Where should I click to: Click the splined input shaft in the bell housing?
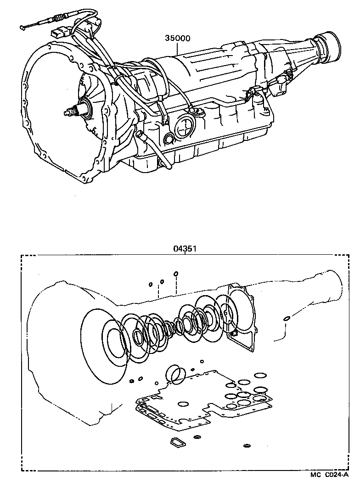(x=73, y=111)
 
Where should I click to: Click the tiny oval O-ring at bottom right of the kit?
(x=247, y=446)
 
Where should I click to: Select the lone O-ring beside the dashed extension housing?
(x=286, y=319)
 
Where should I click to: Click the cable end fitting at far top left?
(x=23, y=28)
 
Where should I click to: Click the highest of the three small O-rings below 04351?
(x=175, y=275)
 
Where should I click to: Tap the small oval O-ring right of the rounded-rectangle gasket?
(x=197, y=437)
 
